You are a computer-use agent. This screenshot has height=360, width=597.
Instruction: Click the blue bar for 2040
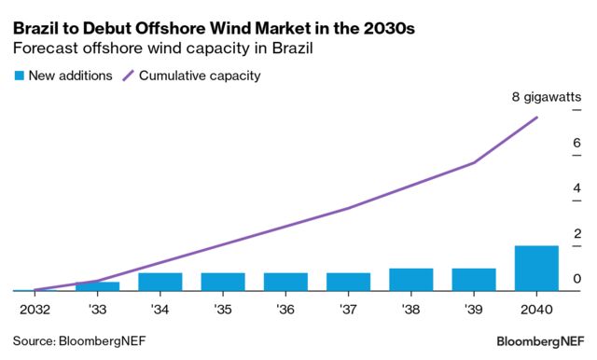click(536, 269)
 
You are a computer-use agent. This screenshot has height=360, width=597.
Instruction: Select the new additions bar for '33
click(98, 286)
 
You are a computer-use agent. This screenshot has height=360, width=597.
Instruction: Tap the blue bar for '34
click(160, 282)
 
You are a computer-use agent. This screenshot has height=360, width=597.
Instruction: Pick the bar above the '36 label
click(285, 282)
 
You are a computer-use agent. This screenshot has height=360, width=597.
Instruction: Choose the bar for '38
click(411, 280)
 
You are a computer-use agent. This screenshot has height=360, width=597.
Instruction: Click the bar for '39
click(474, 280)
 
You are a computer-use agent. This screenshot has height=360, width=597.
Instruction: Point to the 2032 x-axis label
click(35, 308)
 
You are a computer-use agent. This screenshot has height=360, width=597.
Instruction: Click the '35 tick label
click(223, 308)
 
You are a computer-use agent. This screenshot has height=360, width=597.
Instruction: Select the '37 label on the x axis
click(348, 308)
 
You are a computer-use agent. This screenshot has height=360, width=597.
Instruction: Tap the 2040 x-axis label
click(536, 308)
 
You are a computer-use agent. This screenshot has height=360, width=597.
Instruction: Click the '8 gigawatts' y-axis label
click(547, 97)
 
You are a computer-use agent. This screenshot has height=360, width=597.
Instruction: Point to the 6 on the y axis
click(577, 143)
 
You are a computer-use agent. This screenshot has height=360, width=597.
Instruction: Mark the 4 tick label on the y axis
click(577, 188)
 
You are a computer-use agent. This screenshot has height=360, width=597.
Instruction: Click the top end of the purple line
click(537, 118)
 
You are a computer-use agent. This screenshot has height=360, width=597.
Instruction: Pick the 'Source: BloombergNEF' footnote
click(79, 340)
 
